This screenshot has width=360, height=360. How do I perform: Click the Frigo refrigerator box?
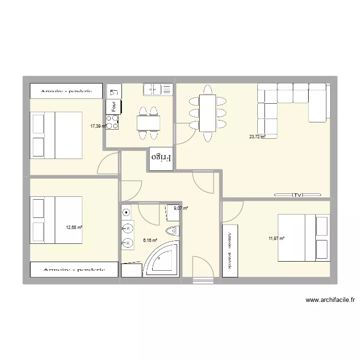161,159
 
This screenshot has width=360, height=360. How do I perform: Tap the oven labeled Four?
114,107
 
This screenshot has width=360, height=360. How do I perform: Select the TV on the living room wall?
298,195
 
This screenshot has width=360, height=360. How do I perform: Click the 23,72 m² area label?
257,137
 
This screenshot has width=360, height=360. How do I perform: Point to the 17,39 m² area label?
98,126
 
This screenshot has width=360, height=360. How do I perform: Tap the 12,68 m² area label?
74,228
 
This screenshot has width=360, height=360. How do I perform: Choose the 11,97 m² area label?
276,239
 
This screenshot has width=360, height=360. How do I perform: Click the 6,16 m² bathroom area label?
150,240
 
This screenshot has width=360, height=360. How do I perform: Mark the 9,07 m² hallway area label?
181,208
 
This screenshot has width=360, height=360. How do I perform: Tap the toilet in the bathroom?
172,230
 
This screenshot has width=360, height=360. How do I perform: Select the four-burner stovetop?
112,122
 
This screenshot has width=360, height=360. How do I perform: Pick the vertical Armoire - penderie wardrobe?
230,251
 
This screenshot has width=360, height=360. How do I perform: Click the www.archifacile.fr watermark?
330,300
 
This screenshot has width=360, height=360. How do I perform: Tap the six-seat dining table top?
207,113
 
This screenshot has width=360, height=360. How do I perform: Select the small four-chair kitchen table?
148,123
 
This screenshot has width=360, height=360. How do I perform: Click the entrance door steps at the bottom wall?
203,281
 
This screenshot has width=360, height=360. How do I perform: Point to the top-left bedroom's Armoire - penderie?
66,91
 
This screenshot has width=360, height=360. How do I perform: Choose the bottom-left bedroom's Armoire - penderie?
74,270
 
